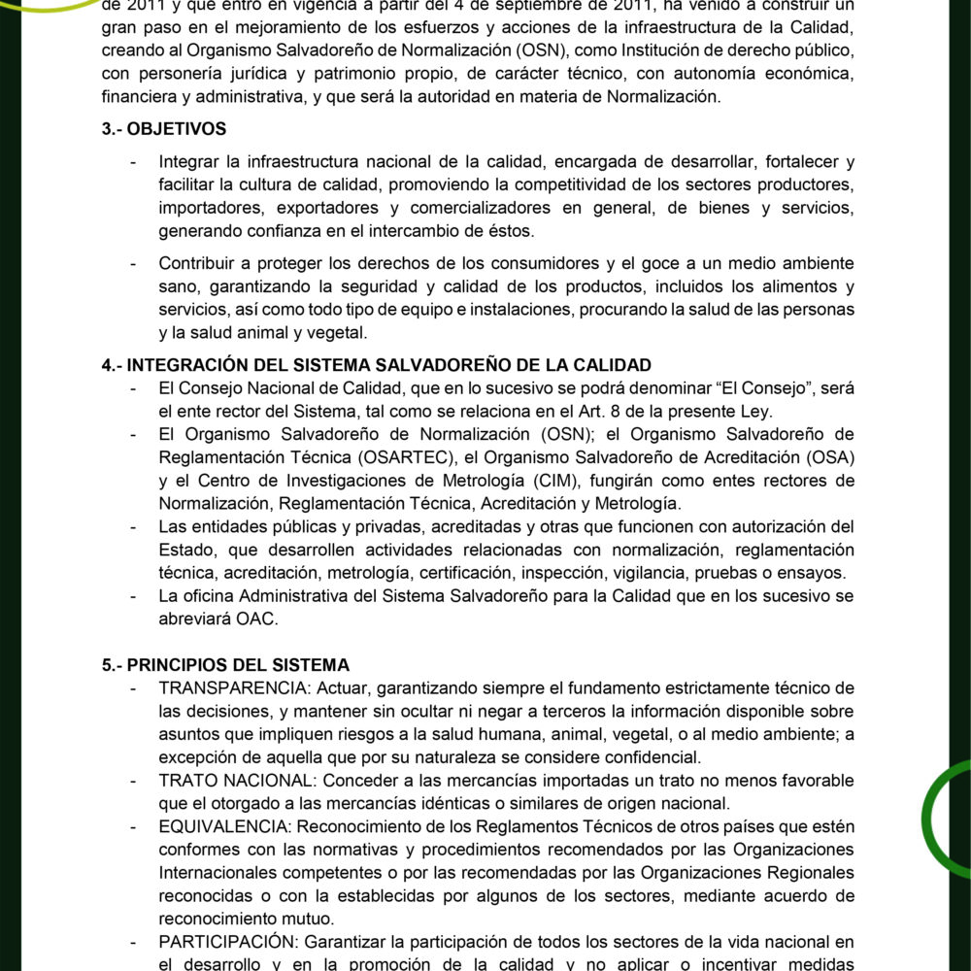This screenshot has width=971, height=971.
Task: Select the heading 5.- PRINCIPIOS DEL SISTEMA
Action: (224, 665)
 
